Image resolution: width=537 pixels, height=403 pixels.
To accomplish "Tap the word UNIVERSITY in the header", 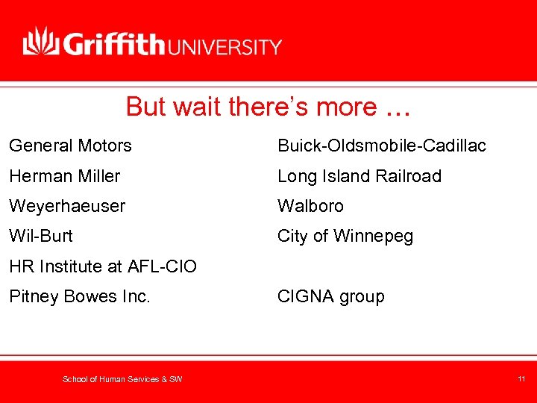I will click(226, 47).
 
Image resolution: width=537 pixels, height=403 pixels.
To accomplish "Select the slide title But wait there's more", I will click(268, 107).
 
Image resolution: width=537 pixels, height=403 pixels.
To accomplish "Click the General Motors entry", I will click(70, 146).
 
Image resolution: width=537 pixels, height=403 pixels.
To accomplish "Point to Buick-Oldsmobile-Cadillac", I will click(381, 146).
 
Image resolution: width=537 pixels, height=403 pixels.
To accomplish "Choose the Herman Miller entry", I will click(64, 176).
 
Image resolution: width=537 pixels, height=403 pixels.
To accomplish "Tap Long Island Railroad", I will click(359, 176).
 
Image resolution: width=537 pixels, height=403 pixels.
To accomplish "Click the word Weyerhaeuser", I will click(67, 206).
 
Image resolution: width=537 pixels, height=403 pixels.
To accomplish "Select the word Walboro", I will click(310, 206).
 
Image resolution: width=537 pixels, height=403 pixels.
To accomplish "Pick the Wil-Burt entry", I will click(41, 236).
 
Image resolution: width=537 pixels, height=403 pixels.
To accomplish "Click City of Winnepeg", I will click(345, 236).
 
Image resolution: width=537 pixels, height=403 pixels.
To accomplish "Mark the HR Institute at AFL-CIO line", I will click(103, 266).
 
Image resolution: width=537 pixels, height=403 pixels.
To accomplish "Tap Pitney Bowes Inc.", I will click(80, 296).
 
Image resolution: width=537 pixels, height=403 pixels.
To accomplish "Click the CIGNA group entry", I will click(331, 296).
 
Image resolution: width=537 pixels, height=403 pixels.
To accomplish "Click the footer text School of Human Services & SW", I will click(122, 380).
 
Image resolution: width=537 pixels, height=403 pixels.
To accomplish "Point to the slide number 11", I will click(521, 379).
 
